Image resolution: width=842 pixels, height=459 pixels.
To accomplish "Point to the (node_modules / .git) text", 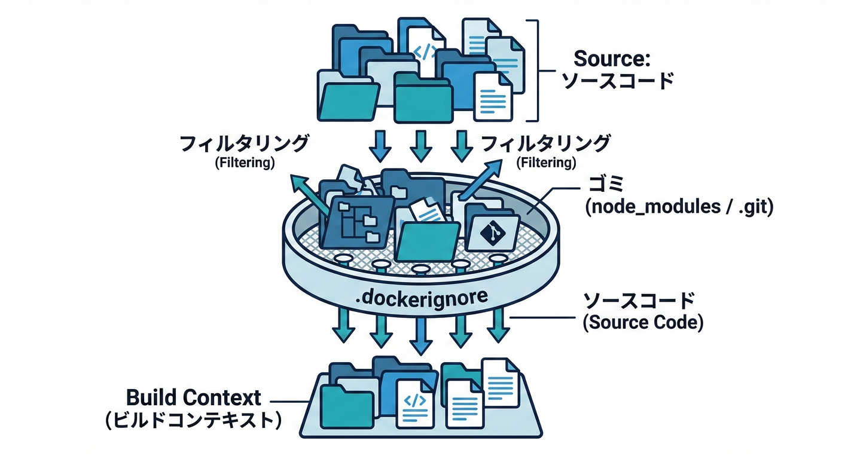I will [x=679, y=207].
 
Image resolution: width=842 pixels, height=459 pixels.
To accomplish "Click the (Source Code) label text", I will [x=643, y=322].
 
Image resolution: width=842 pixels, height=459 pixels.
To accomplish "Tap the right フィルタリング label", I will [x=546, y=143].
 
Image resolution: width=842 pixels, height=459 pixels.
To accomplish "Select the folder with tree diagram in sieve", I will [x=356, y=222].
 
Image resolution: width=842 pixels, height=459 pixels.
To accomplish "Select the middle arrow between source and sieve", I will [x=420, y=145].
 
